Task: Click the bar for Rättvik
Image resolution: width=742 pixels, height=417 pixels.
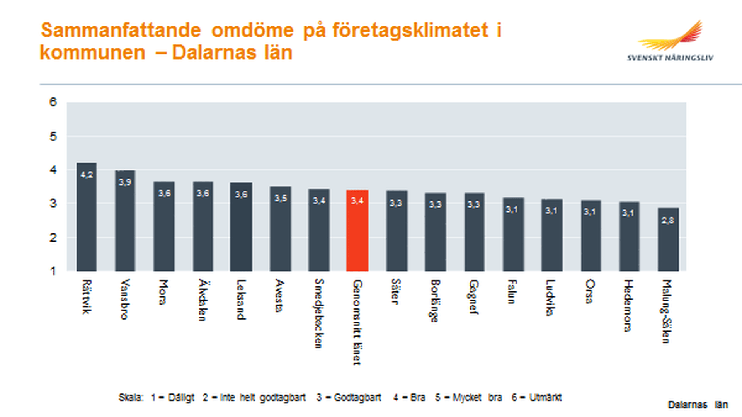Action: click(87, 220)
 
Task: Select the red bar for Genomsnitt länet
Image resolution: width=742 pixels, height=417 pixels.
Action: click(357, 232)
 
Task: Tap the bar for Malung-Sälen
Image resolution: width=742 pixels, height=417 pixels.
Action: click(668, 242)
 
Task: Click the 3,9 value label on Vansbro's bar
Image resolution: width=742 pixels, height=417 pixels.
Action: click(125, 182)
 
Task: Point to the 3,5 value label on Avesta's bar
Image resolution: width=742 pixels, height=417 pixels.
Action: click(281, 198)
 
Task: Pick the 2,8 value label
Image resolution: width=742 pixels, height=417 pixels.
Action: click(667, 220)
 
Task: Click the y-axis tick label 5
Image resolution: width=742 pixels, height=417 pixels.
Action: click(53, 136)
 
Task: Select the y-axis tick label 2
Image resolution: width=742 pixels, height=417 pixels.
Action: click(53, 238)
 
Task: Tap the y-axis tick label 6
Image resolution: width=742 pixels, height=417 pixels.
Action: click(53, 102)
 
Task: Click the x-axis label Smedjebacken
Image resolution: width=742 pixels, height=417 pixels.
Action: click(319, 313)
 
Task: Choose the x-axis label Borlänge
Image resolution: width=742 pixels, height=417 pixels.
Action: click(435, 301)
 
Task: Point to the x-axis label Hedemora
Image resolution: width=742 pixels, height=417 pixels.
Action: click(628, 305)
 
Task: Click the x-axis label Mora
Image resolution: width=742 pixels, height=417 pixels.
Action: click(164, 292)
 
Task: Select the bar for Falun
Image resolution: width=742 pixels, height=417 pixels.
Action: click(513, 236)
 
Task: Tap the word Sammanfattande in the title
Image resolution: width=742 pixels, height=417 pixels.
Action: click(121, 30)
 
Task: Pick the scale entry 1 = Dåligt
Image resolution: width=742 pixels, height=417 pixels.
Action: click(173, 397)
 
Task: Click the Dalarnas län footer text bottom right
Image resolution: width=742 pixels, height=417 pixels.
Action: click(698, 405)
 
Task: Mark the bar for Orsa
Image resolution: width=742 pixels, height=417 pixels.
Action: click(591, 237)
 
